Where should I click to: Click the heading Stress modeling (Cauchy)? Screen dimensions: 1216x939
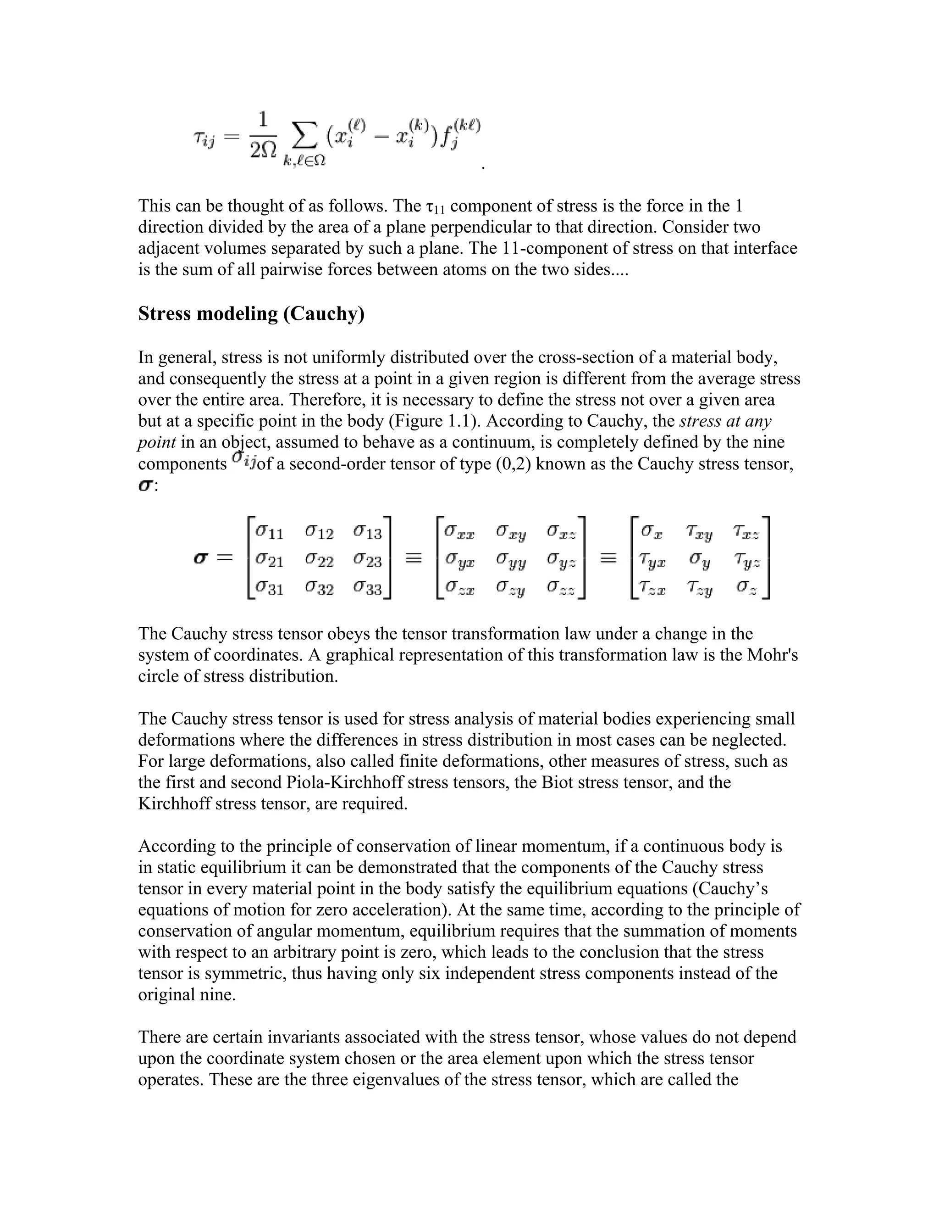251,314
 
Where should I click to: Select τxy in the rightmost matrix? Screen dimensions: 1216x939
699,533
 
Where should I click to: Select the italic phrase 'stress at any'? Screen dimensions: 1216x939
725,421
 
